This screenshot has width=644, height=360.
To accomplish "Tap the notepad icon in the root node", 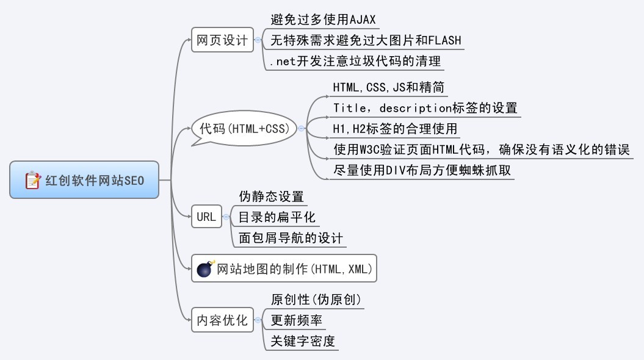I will point(32,180).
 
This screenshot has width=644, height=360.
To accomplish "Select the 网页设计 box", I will point(222,41).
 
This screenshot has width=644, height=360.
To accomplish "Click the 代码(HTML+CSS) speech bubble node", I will point(244,129).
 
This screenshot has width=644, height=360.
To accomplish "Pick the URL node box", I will point(206,217).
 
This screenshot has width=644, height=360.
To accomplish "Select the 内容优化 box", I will point(222,320).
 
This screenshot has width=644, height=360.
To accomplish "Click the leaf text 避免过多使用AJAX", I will point(323,20).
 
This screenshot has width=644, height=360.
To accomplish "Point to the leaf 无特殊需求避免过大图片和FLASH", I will point(366,41).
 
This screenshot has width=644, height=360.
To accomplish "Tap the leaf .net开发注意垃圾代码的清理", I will point(354,62).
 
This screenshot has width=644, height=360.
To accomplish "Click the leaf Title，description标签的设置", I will point(425,108).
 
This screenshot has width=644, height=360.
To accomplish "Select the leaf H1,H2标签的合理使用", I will point(394,129).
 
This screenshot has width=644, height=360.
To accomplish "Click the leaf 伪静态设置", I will point(271,196).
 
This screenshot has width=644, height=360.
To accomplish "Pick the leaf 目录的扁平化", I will point(277,217).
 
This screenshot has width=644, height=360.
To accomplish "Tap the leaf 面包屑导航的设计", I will point(291,238).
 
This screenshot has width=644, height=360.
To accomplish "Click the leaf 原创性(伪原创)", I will point(316,300).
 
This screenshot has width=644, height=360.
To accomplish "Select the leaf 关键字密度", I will point(303,341).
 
